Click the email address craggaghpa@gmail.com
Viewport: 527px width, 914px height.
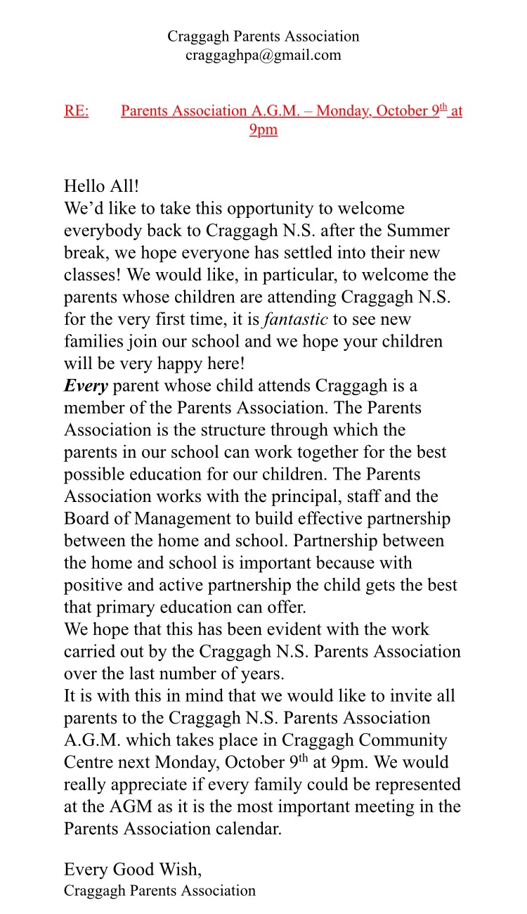[263, 56]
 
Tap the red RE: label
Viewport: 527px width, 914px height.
[76, 111]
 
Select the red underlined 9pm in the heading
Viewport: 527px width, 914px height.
[263, 130]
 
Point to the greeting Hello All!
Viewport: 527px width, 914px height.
[101, 186]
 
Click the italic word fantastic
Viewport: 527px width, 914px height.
[295, 319]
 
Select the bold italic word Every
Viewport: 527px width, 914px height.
[86, 386]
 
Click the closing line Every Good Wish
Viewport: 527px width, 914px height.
[132, 870]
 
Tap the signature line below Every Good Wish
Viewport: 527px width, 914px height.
[160, 891]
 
